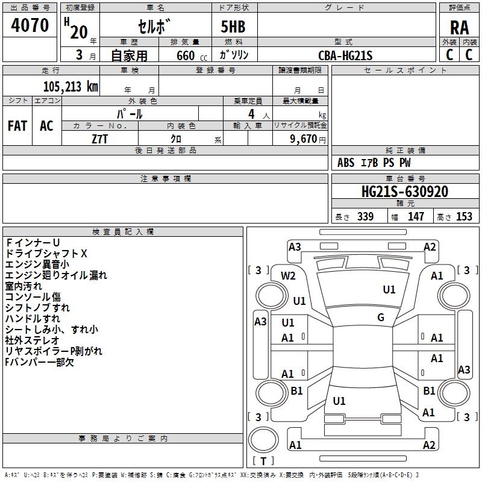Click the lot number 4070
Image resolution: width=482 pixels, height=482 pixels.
coord(30,25)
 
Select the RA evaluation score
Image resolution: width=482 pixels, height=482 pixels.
coord(459,28)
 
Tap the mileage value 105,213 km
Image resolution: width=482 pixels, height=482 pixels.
coord(70,87)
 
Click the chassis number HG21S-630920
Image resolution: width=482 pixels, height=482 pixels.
coord(405,192)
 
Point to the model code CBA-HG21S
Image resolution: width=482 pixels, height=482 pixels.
coord(345,55)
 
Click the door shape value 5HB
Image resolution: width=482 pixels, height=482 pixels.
coord(233,27)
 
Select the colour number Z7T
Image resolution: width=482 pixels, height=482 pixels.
coord(99,139)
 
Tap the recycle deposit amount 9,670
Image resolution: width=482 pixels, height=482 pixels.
coord(304,139)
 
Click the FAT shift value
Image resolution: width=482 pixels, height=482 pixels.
coord(17,126)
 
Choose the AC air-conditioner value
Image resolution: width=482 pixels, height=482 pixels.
coord(47,126)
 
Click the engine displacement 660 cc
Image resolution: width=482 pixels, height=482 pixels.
coord(192,55)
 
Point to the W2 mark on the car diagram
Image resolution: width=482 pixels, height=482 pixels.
coord(288,276)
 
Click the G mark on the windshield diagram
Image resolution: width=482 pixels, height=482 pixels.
coord(381,318)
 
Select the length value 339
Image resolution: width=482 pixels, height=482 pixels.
coord(365,216)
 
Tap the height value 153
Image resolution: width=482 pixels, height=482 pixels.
coord(464,216)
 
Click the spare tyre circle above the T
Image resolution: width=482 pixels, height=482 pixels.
coord(263,440)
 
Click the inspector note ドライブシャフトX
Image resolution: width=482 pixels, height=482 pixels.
coord(46,254)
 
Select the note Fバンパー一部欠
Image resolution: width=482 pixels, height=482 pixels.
coord(39,362)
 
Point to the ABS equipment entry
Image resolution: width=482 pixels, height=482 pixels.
coord(346,163)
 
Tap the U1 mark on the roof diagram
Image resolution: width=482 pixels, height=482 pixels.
coord(389,290)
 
